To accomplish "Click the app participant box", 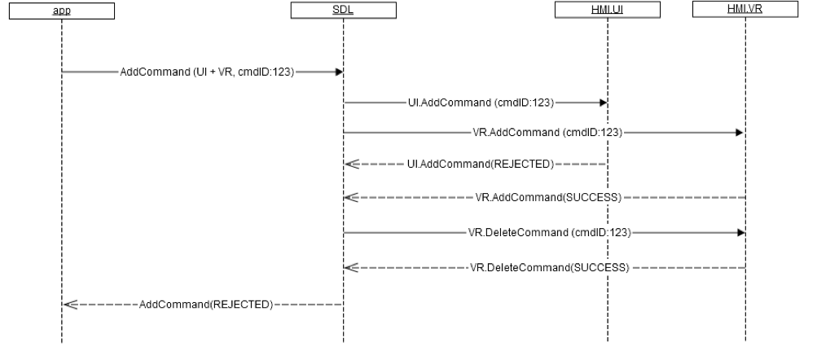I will coord(62,11).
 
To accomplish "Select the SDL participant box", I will coord(343,11).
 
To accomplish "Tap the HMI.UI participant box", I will coord(607,11).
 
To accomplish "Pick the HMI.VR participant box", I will coord(745,11).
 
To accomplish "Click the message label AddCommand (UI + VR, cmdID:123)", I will coord(207,72).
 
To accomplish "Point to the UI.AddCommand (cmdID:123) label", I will coord(481,103).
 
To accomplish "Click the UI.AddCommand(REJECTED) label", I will coord(480,165).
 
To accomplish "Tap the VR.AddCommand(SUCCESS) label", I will coord(548,197).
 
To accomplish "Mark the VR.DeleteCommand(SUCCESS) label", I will coord(548,267).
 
